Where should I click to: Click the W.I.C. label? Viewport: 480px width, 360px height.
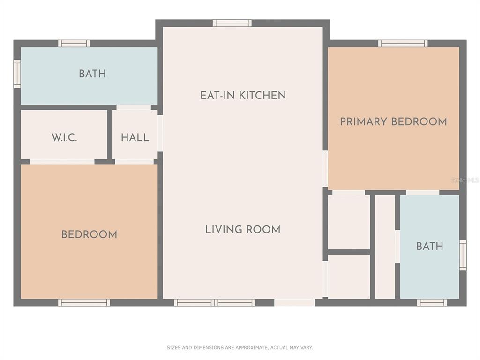[x=64, y=137]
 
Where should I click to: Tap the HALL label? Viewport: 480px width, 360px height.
[x=135, y=137]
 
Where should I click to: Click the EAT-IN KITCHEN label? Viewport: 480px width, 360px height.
[x=243, y=95]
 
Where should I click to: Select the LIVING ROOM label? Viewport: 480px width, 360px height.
[x=243, y=230]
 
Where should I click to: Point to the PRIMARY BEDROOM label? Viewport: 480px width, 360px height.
[x=393, y=121]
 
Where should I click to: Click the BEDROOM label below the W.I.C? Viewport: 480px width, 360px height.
[x=89, y=234]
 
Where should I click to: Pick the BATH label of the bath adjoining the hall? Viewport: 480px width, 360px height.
[x=92, y=74]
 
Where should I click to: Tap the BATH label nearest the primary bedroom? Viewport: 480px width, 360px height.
[x=429, y=246]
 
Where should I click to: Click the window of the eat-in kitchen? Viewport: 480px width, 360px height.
[x=232, y=23]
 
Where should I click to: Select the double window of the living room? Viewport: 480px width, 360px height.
[x=215, y=302]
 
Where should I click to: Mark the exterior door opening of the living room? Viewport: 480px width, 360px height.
[x=294, y=302]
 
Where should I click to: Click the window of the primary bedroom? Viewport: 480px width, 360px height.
[x=403, y=44]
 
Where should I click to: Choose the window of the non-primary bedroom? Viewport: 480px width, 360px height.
[x=84, y=302]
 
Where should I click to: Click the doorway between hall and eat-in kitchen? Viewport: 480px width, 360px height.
[x=160, y=133]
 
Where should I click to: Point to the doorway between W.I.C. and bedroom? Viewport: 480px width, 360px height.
[x=62, y=162]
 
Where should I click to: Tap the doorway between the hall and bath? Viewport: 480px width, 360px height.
[x=134, y=107]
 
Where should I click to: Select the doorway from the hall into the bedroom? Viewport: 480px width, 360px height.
[x=135, y=162]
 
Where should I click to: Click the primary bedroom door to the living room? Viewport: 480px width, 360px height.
[x=325, y=168]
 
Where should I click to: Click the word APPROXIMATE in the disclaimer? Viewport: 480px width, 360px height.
[x=250, y=347]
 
